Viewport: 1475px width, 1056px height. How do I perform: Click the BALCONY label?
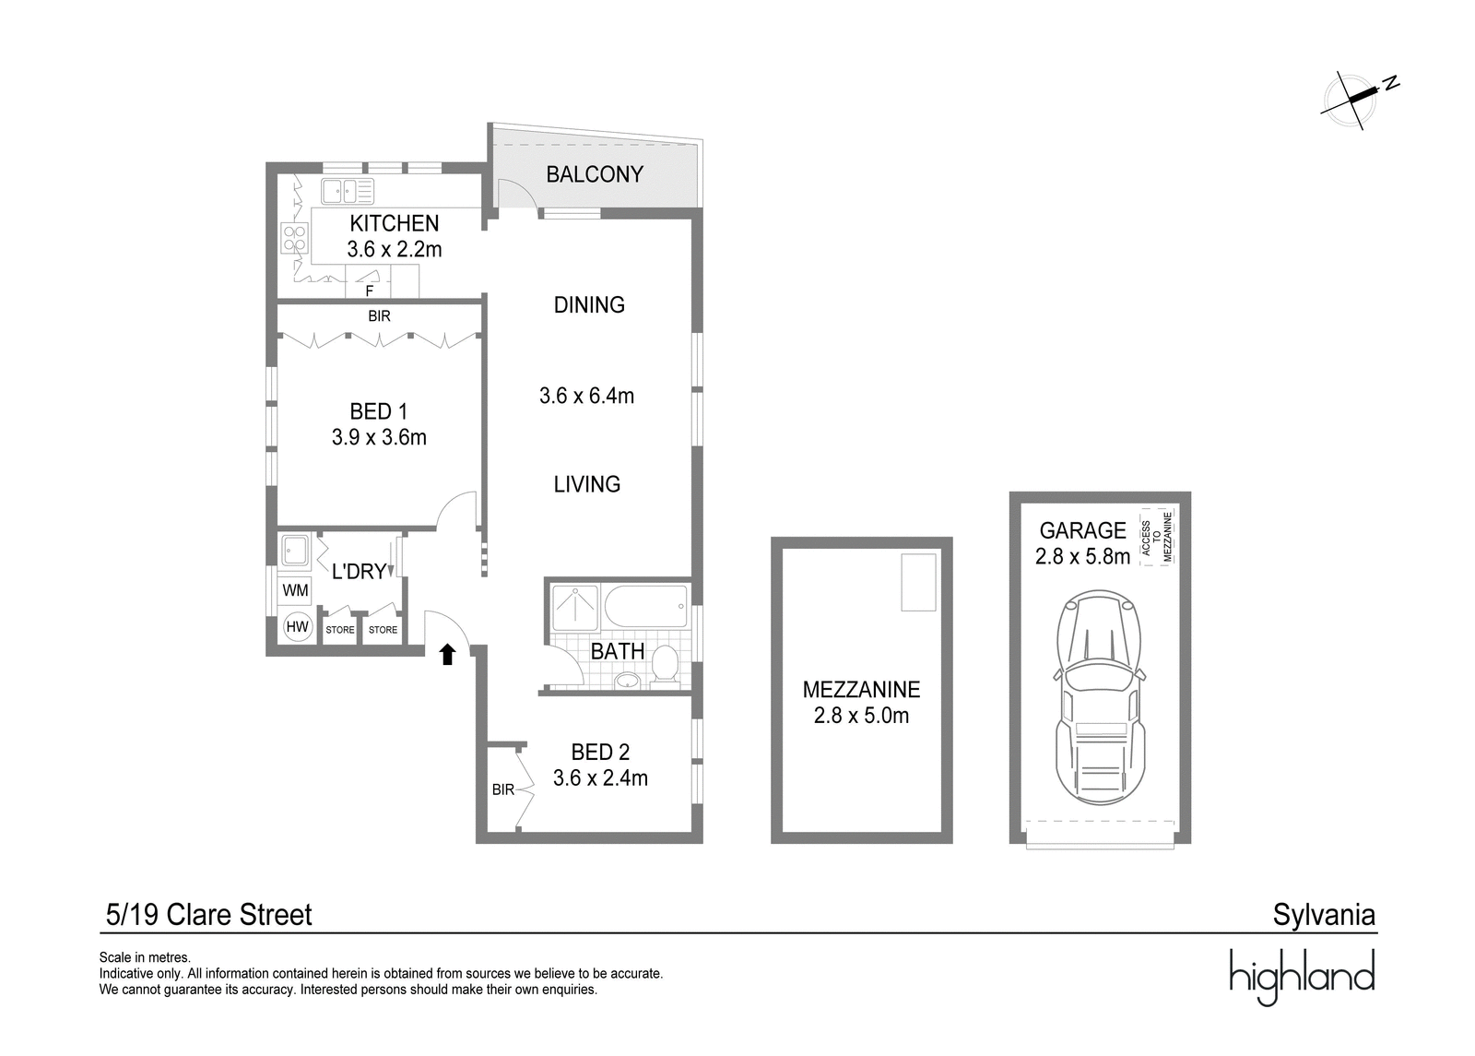click(595, 174)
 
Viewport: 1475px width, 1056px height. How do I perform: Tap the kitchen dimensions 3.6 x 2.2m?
click(395, 250)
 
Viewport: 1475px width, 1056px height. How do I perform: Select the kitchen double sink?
click(348, 191)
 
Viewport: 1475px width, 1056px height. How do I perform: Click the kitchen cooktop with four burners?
click(294, 238)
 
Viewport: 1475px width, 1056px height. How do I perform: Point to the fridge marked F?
click(369, 282)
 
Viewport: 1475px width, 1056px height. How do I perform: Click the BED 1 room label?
click(379, 411)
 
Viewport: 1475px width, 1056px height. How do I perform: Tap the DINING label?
click(589, 305)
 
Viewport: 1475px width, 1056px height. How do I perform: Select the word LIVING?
click(586, 485)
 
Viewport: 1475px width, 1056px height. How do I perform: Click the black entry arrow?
click(448, 654)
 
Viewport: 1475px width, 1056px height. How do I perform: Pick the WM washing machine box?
click(295, 590)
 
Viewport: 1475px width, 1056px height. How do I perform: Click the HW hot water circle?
click(297, 626)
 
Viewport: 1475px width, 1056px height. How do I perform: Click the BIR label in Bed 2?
click(503, 789)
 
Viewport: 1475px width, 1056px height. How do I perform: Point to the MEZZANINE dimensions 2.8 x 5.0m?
click(861, 716)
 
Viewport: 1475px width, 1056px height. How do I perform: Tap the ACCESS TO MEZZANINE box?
click(1157, 537)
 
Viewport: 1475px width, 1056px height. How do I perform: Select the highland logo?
click(1303, 977)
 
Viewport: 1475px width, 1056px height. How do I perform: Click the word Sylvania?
click(1324, 916)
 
